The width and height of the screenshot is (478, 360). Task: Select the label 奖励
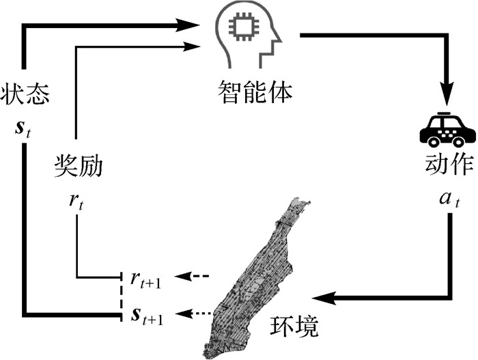[78, 165]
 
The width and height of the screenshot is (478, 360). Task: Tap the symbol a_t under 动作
[447, 202]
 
